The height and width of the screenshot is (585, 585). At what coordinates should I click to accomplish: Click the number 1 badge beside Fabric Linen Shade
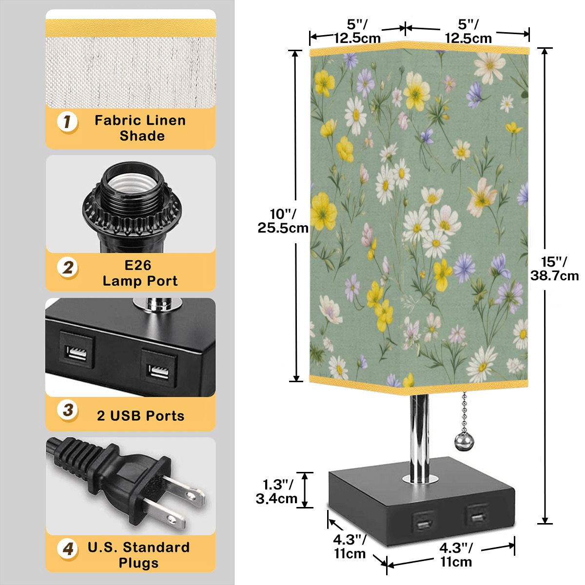pos(67,122)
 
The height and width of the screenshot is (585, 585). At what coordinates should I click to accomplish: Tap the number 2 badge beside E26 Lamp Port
pos(68,268)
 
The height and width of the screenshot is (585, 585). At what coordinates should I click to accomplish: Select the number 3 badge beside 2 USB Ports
pos(68,410)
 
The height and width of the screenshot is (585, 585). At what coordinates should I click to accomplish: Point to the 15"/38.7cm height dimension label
pos(554,269)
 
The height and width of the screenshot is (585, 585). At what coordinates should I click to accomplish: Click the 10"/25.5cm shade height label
pos(283,221)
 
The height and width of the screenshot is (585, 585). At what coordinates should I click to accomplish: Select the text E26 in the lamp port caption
pos(137,265)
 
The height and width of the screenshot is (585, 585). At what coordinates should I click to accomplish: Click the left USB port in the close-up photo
pos(77,353)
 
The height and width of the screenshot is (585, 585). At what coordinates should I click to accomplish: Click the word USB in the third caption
pos(127,416)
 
